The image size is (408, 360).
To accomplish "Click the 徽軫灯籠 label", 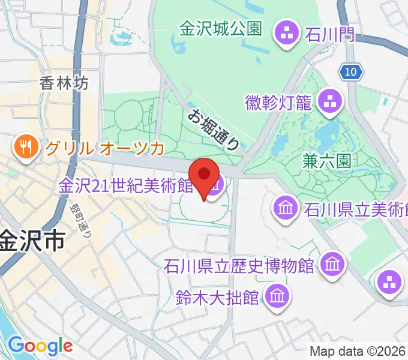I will click(279, 102).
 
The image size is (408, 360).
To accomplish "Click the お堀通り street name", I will click(215, 129).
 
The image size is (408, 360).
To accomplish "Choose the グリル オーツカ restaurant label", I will click(112, 146).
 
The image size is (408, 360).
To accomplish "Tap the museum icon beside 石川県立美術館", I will click(285, 208).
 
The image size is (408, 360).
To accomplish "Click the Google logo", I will click(40, 345).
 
